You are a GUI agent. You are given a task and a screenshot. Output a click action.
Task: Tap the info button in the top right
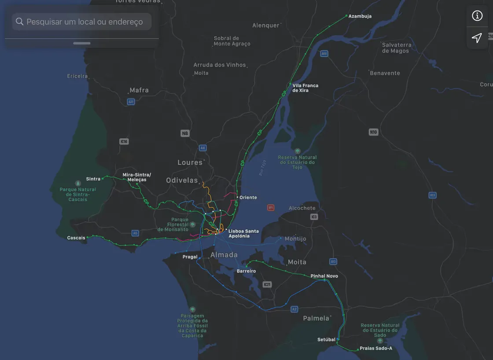coord(477,16)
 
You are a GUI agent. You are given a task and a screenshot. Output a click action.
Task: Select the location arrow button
coord(477,38)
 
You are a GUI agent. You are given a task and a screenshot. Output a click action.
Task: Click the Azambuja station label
coord(360,16)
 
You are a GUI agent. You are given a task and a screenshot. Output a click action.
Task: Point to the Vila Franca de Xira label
coord(305,88)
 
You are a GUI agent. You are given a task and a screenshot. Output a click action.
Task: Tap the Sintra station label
coord(93,179)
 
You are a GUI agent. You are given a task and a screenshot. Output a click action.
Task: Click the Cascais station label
coord(76,238)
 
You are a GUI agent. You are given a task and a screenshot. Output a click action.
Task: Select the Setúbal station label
coord(326,340)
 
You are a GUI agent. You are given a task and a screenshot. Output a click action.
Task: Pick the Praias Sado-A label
coord(375,349)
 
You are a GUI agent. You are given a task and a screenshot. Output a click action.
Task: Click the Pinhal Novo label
coord(324,276)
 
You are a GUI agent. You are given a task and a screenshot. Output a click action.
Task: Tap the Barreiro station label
coord(246,271)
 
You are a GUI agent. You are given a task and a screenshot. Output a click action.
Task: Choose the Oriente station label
coord(248,198)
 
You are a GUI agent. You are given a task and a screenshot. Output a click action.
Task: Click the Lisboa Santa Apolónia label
coord(243,234)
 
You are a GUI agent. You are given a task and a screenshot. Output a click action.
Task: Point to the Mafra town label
coord(139,90)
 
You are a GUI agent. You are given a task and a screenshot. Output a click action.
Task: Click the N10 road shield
coord(373,132)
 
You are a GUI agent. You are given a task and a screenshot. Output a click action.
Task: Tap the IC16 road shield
coord(124,142)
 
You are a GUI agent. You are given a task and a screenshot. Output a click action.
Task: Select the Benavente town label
coord(385,73)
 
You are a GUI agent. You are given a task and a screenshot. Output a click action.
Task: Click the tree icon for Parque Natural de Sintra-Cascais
coord(78,183)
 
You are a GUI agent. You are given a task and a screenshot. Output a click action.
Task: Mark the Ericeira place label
coord(77,76)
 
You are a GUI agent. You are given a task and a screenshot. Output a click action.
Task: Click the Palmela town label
coord(316,318)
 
